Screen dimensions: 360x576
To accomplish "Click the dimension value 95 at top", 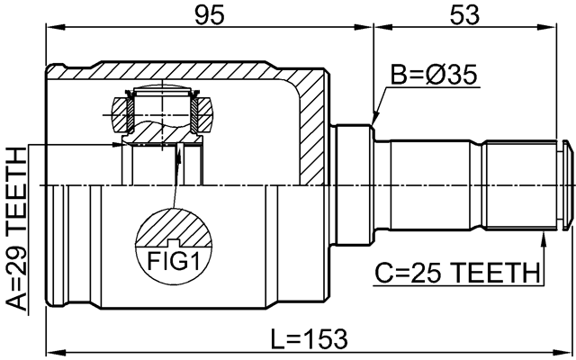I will point(210,15).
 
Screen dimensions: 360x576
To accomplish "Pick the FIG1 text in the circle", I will point(174,264).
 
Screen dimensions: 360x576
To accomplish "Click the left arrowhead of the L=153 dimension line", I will point(49,352).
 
